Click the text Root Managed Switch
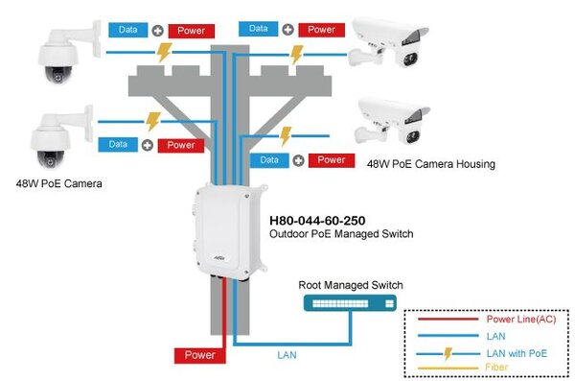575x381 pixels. click(350, 284)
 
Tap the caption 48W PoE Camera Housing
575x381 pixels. click(430, 164)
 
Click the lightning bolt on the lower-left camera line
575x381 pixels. click(151, 122)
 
